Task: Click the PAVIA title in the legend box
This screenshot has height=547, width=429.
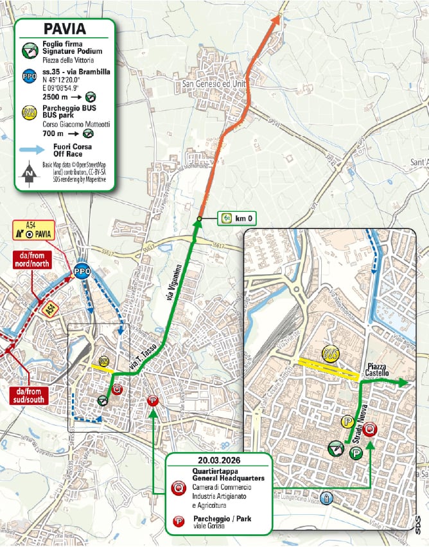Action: (64, 28)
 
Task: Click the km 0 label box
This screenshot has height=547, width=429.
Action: (237, 219)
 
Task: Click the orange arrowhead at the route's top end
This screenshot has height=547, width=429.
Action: (277, 19)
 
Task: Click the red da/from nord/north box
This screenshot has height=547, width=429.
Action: (31, 259)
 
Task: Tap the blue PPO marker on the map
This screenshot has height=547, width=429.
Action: (82, 271)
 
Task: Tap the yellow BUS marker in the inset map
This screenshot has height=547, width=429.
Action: (330, 354)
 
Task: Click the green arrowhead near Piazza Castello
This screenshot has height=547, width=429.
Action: (405, 383)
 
